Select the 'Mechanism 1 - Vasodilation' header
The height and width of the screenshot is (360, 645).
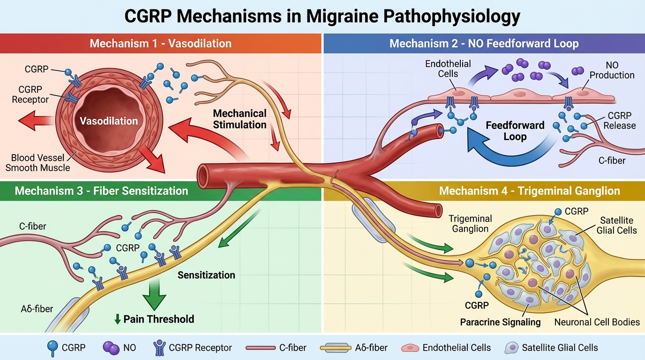(160, 44)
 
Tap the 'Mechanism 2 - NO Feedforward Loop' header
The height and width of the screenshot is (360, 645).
(484, 44)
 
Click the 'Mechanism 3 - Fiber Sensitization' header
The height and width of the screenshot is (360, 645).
(101, 191)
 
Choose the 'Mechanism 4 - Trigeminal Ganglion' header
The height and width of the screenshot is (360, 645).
(530, 191)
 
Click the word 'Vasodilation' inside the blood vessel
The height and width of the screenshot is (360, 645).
(109, 121)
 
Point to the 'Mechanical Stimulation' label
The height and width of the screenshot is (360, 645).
(240, 119)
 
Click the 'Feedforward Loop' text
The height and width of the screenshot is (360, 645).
(515, 131)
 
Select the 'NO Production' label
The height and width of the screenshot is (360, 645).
(612, 70)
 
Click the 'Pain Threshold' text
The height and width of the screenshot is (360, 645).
(158, 319)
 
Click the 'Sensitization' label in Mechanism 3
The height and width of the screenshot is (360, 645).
(206, 275)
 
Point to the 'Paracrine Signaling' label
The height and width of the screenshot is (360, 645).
(500, 322)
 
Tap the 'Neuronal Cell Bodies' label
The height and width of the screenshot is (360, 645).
(597, 322)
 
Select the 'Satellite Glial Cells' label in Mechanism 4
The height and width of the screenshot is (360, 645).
(616, 225)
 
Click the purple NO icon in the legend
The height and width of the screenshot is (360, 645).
(111, 347)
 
